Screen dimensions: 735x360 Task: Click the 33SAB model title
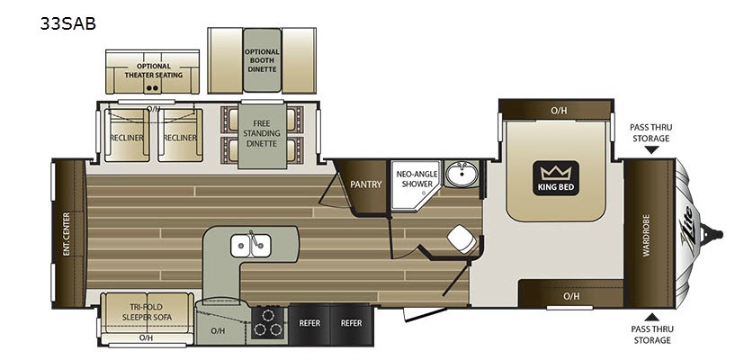coord(68,23)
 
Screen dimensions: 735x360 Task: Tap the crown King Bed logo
coord(556,178)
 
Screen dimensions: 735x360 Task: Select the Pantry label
coord(366,184)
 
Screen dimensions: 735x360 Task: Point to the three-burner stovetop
coord(268,322)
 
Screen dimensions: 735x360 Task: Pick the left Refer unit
coord(309,323)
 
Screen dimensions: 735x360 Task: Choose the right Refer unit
coord(351,323)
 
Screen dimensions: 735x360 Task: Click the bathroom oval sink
coord(462,174)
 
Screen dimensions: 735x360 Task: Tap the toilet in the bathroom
coord(462,238)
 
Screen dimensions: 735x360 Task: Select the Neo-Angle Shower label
coord(417,178)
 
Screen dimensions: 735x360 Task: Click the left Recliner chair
coord(127,136)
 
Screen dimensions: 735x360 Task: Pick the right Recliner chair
coord(180,136)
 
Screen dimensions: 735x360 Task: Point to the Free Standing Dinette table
coord(262,136)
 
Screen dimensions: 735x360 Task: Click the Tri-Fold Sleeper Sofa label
coord(148,311)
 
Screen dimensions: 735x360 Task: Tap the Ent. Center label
coord(67,234)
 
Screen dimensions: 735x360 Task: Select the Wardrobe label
coord(647,235)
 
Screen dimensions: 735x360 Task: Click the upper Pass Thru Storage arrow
coord(650,150)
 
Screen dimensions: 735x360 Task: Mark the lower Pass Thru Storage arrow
coord(650,317)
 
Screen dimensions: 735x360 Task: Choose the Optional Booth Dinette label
coord(262,60)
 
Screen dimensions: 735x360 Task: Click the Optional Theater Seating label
coord(154,70)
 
